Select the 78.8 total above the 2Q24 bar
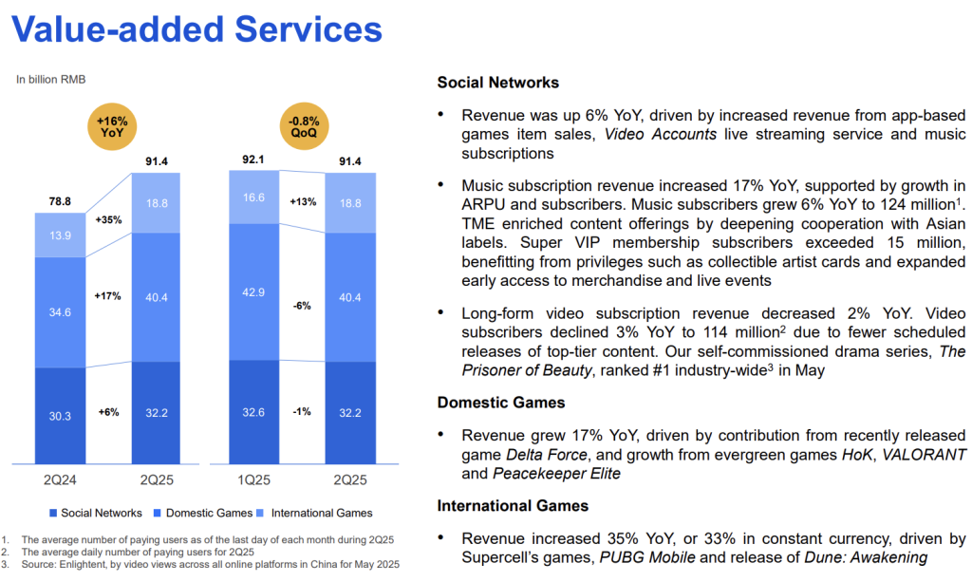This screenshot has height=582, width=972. point(60,201)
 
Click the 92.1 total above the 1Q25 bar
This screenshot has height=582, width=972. point(255,159)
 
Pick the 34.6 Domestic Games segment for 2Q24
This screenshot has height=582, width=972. point(60,310)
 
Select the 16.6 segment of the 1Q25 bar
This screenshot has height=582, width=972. point(255,197)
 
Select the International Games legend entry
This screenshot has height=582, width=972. point(315,514)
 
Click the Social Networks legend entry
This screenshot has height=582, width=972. point(96,514)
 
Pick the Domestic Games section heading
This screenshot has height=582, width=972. point(500,403)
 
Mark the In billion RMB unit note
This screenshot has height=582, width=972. point(50,80)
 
